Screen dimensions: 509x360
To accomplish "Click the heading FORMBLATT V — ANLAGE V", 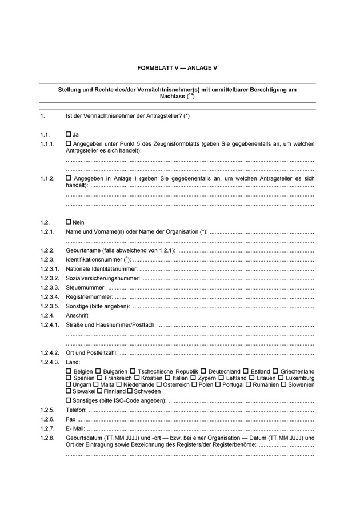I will click(x=177, y=68).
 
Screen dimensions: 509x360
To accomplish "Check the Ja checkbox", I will click(x=69, y=134).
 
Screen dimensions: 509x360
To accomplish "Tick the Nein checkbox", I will click(x=69, y=222).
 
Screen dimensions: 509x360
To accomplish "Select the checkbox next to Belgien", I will click(x=69, y=371).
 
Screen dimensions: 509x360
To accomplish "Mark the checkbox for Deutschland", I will click(x=204, y=371).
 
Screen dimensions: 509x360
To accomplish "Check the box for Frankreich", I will click(x=101, y=378).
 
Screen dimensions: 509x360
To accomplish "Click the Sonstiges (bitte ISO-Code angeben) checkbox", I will click(x=69, y=400).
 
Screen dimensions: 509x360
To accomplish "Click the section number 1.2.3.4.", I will click(x=50, y=297).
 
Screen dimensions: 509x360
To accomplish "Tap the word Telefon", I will click(x=76, y=410).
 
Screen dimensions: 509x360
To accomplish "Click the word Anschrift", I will click(x=77, y=315).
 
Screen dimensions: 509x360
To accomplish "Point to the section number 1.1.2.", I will click(x=47, y=179).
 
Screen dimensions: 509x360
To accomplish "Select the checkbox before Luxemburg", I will click(x=282, y=378).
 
